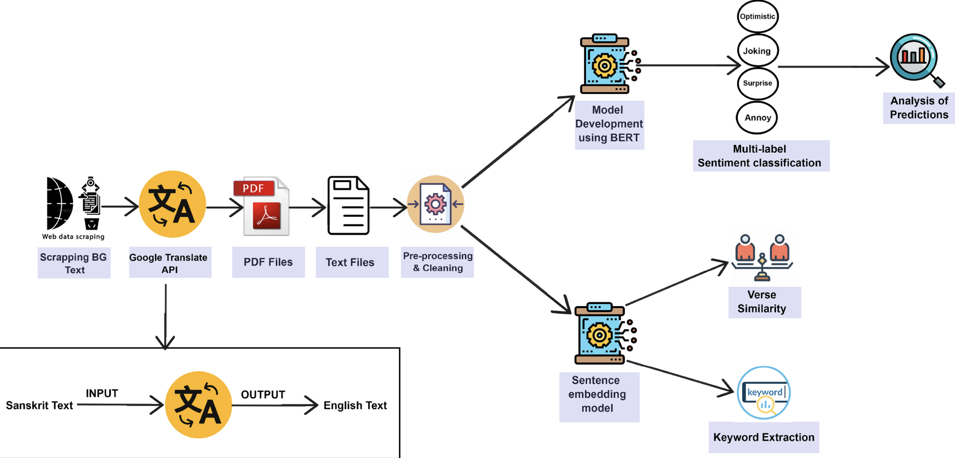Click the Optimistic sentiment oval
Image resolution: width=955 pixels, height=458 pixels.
[x=758, y=16]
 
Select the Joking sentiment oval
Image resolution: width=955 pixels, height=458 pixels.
[x=758, y=51]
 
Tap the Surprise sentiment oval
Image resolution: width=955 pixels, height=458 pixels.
[x=758, y=83]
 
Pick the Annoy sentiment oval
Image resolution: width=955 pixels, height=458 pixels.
[x=757, y=118]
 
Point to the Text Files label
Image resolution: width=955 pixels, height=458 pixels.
[x=350, y=262]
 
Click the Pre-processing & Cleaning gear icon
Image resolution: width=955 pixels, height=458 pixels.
[x=435, y=204]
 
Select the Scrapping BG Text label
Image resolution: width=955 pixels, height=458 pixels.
[x=74, y=263]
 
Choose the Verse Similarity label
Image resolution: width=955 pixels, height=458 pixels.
[x=762, y=302]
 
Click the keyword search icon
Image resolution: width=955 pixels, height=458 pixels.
[x=764, y=393]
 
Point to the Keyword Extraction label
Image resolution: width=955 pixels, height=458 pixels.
[x=763, y=437]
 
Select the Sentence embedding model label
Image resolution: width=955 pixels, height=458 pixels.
[x=597, y=394]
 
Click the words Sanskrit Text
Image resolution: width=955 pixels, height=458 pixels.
[x=39, y=405]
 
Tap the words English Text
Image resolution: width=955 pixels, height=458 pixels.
[x=355, y=405]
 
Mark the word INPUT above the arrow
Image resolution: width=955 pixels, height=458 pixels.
[x=102, y=393]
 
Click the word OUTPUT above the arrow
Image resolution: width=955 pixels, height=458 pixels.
[x=263, y=394]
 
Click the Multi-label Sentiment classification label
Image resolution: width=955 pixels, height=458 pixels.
[x=759, y=156]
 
